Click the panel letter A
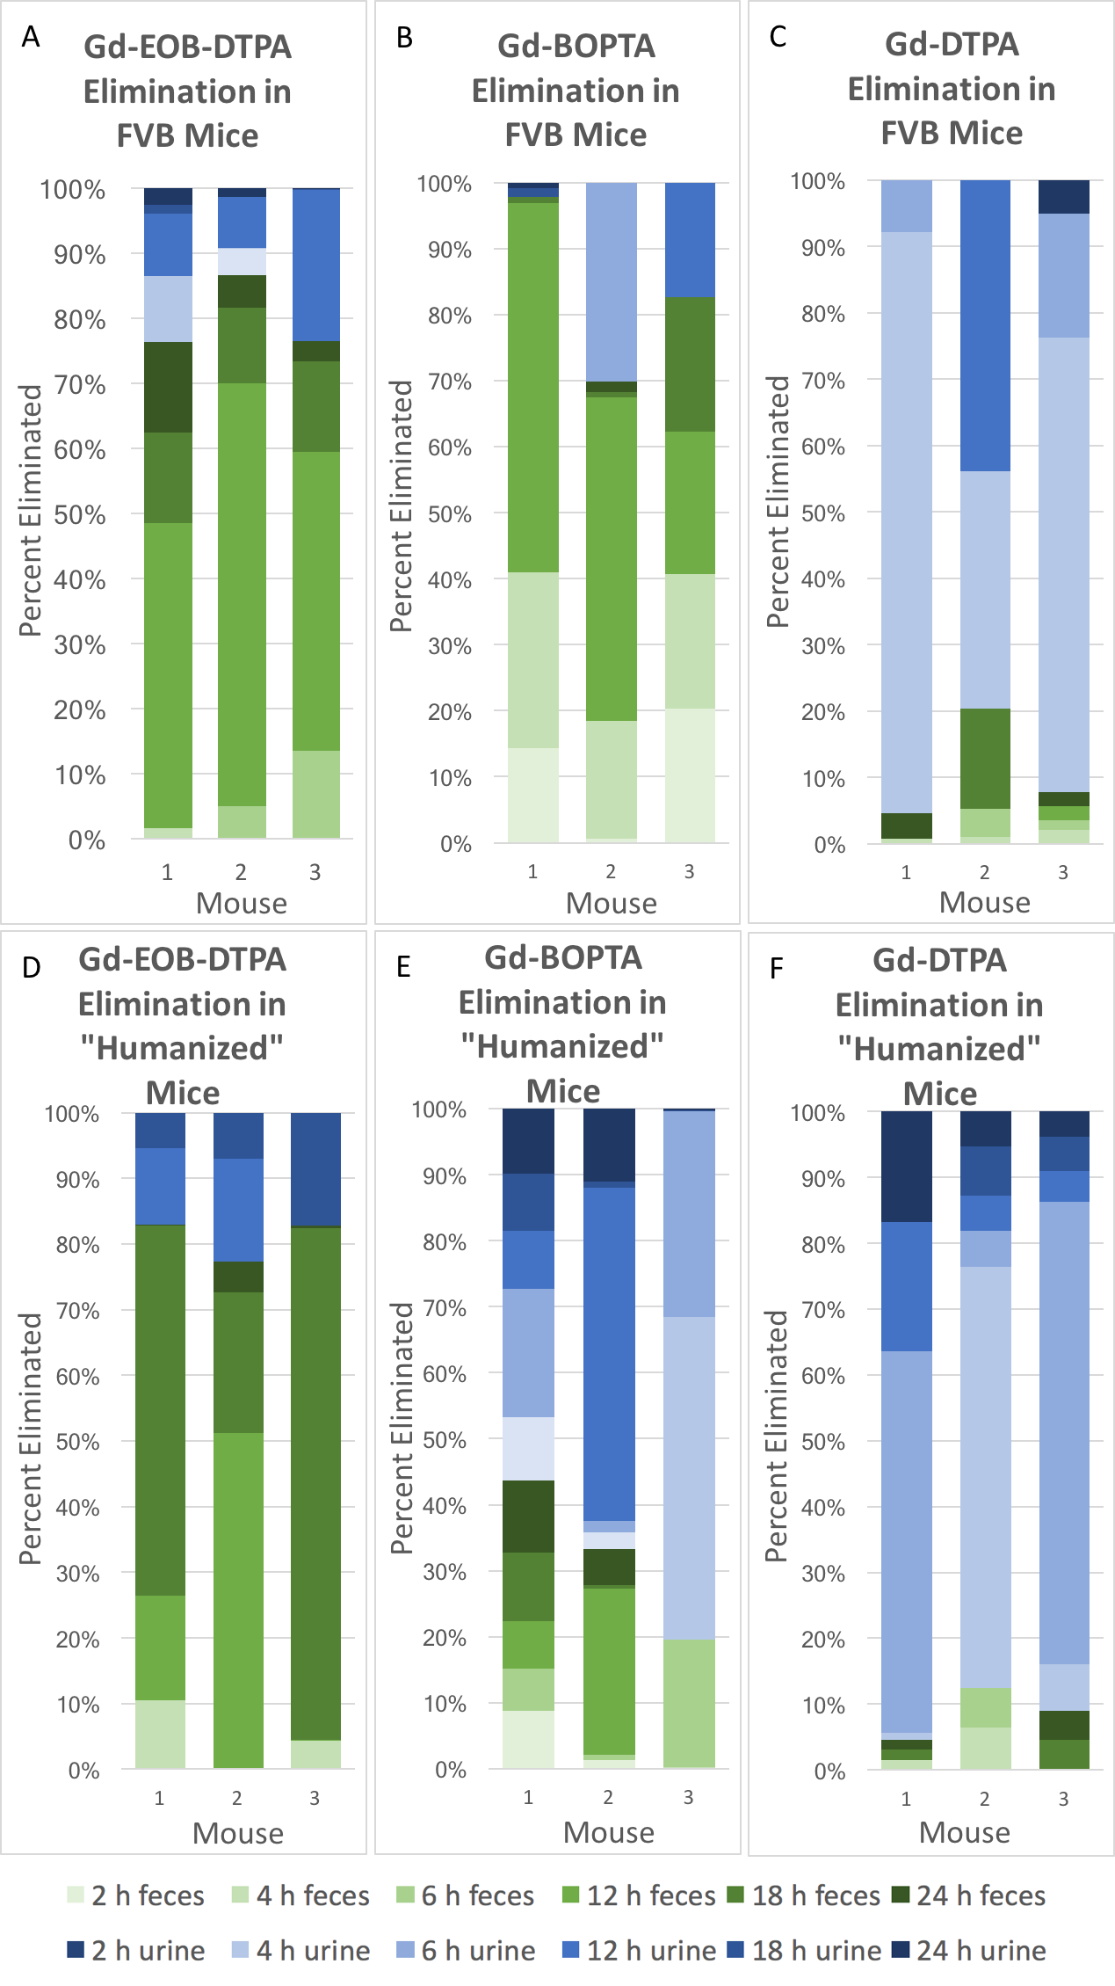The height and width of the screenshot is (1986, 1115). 31,37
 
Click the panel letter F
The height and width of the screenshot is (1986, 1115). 776,968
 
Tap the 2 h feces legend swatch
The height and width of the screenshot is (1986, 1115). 76,1895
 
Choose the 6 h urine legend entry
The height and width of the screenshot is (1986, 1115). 478,1951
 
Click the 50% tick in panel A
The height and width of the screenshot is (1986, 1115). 79,515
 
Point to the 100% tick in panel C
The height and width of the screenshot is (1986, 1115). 817,181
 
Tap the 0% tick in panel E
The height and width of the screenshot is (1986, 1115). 450,1770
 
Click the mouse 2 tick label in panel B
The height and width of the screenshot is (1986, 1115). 611,871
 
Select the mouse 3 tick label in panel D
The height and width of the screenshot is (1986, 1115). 315,1798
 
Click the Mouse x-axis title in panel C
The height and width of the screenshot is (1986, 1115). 984,903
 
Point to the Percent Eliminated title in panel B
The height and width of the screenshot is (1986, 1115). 401,506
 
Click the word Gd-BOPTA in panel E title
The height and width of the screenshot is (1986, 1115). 563,957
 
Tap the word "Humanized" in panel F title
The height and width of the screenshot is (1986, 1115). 939,1049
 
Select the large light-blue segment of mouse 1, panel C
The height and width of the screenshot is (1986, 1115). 907,522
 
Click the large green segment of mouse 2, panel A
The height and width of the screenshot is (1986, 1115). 242,594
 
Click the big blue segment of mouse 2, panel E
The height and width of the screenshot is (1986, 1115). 609,1354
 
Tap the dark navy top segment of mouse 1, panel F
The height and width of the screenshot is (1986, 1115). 907,1167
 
